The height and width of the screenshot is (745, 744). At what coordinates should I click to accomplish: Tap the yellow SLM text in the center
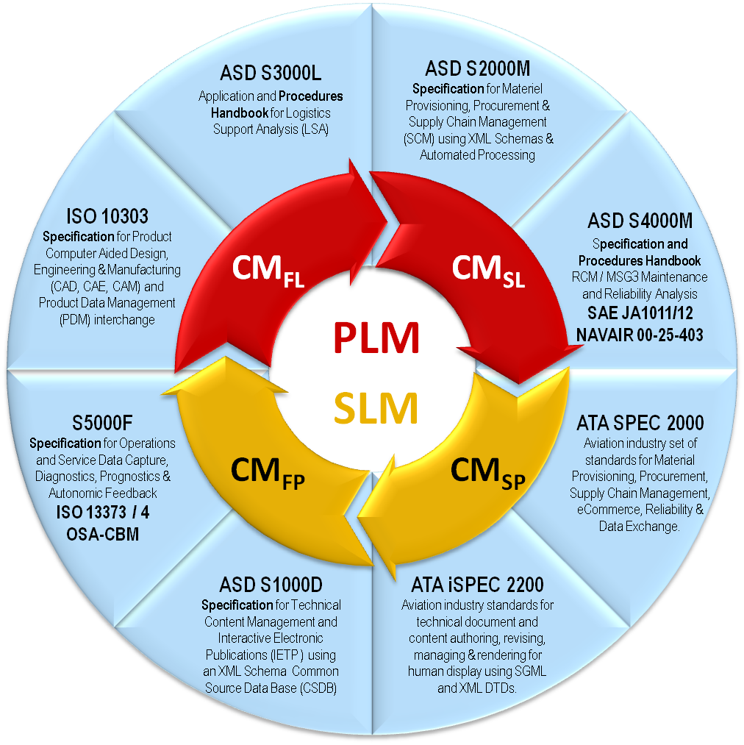(376, 407)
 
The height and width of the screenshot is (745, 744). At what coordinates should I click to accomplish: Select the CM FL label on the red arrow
(268, 271)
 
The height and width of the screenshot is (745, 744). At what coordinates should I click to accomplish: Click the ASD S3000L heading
(271, 74)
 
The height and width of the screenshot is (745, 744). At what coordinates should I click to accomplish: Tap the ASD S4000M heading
(640, 221)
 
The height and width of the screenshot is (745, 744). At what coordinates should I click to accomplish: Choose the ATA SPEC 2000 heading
(640, 423)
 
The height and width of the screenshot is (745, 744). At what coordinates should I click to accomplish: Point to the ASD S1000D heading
(271, 585)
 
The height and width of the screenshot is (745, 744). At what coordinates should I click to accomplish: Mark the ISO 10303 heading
(107, 217)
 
